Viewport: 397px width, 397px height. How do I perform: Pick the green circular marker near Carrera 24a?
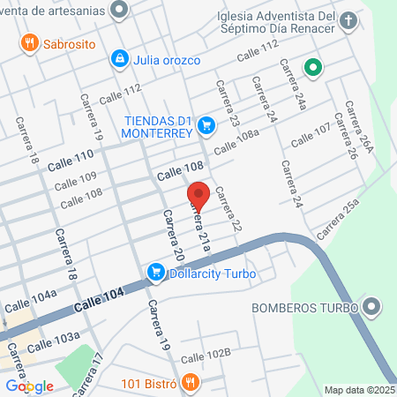coord(312,66)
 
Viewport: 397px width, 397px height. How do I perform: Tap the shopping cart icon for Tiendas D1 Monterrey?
coord(206,125)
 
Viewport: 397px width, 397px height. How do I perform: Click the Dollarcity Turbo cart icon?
coord(156,273)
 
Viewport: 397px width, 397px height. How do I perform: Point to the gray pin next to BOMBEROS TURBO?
coord(372,308)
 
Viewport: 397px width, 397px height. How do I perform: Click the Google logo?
coord(29,386)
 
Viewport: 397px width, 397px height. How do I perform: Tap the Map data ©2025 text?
coord(359,390)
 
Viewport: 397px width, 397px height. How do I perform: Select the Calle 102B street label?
coord(205,356)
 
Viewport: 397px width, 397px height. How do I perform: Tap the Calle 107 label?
coord(311,133)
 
